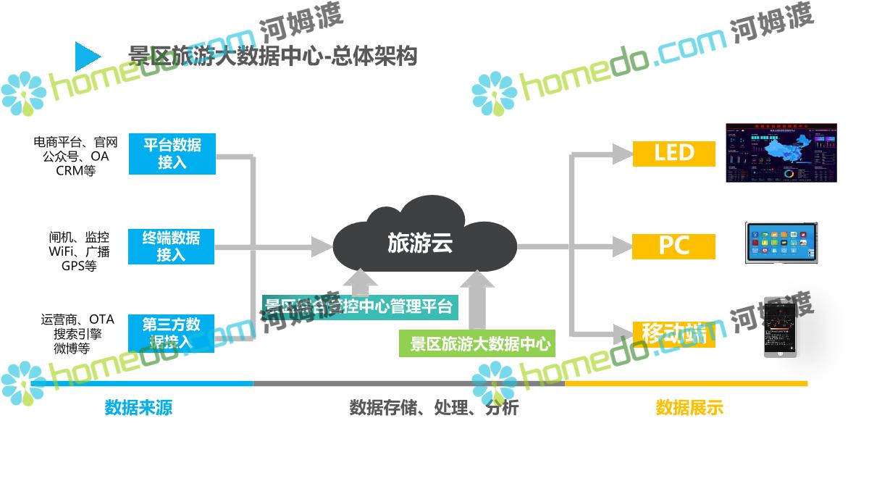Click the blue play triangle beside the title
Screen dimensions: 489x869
tap(87, 57)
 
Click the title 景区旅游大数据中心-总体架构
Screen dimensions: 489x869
tap(272, 56)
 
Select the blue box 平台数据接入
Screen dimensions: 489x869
tap(172, 154)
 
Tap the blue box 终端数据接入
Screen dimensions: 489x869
tap(172, 246)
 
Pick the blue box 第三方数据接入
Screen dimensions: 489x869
tap(172, 333)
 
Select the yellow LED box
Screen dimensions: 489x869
tap(673, 153)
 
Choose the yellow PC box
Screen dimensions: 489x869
tap(673, 246)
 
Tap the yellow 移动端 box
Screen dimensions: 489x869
tap(673, 334)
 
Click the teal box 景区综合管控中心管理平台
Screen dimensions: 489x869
tap(358, 306)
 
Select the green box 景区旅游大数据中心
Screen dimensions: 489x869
tap(477, 343)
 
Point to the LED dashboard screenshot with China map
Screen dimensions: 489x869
tap(781, 152)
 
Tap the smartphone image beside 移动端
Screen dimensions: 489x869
tap(781, 327)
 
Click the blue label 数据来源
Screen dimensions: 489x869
tap(138, 407)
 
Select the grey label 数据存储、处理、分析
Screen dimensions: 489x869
tap(434, 407)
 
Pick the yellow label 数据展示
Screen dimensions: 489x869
tap(689, 407)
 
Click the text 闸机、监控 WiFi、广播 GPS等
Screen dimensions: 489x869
tap(79, 251)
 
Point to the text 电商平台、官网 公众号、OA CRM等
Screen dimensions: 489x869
tap(75, 156)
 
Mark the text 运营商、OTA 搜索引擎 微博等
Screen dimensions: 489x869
tap(77, 334)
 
